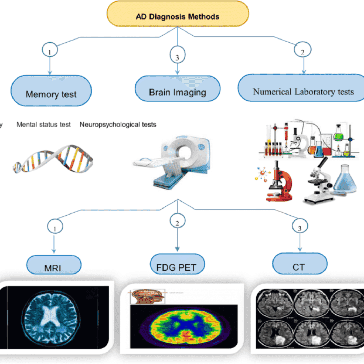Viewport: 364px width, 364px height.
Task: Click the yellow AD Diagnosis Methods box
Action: (178, 14)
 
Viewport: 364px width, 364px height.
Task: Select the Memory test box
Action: (51, 91)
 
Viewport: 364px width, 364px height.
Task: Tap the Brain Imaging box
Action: (178, 89)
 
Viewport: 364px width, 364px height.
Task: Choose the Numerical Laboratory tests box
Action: (303, 88)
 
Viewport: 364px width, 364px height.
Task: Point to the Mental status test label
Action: (43, 125)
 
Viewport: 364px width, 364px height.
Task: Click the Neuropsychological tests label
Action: (118, 125)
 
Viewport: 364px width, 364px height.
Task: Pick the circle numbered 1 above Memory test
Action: (50, 50)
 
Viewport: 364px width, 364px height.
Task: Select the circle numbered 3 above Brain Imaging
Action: (177, 55)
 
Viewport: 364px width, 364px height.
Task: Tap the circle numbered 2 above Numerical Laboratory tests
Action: (303, 50)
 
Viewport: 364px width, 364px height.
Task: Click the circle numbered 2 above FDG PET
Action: (177, 221)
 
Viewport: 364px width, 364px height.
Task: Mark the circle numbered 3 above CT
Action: (300, 226)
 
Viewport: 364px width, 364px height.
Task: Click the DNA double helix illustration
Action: (53, 159)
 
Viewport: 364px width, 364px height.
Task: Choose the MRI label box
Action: (54, 265)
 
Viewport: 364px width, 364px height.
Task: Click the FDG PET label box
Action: (177, 264)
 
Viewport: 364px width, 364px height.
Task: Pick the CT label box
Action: (300, 264)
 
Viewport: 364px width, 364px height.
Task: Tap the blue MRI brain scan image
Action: (51, 317)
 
